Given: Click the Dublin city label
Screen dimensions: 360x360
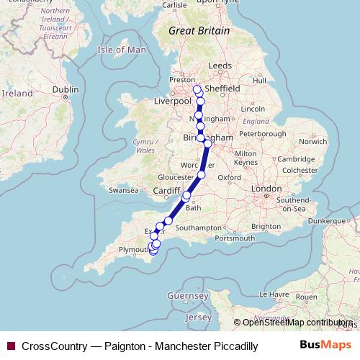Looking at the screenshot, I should click(x=65, y=89).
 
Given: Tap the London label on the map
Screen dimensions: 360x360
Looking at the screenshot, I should click(x=266, y=189).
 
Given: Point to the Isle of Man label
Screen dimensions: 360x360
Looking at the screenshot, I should click(x=121, y=50).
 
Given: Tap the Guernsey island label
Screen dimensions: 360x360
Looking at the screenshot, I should click(x=187, y=296).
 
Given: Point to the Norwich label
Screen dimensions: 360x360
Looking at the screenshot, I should click(x=314, y=141).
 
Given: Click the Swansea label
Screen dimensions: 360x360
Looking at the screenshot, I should click(x=122, y=191).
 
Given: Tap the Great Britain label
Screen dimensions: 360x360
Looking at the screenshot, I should click(x=199, y=31).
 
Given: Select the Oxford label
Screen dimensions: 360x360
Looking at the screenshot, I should click(x=230, y=176).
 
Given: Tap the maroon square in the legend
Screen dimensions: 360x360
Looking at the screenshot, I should click(x=10, y=346).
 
